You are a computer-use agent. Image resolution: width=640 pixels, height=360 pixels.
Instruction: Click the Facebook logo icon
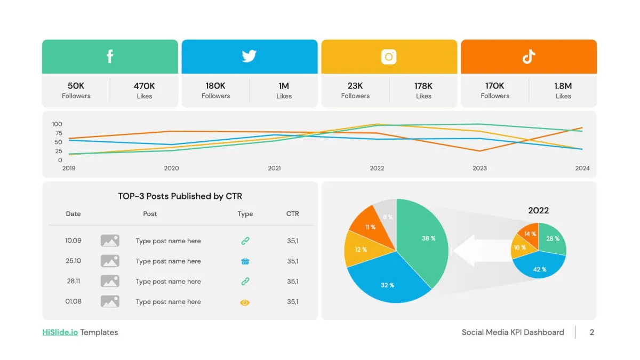click(110, 56)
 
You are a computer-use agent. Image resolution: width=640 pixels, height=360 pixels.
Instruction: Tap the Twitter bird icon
click(249, 56)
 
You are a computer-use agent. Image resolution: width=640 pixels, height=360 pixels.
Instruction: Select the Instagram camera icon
click(389, 57)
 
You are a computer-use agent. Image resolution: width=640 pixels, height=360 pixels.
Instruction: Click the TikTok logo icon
click(529, 57)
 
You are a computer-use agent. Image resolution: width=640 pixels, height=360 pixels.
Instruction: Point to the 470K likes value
click(144, 86)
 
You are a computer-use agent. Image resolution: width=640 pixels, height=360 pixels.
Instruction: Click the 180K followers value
click(215, 86)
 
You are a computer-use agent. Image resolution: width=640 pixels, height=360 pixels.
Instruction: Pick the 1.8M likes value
click(563, 86)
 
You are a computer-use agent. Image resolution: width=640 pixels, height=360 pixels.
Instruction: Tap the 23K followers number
click(355, 86)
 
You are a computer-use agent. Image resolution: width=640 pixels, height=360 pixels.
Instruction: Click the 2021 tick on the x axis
click(274, 168)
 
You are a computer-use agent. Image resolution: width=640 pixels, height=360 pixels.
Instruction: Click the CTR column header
click(292, 214)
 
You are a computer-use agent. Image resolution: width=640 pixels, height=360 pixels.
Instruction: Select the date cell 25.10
click(74, 261)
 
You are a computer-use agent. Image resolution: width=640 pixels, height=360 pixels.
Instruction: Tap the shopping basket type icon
click(245, 261)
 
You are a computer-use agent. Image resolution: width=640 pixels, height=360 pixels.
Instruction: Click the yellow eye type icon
click(245, 302)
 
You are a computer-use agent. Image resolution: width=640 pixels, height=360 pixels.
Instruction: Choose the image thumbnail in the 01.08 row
click(110, 302)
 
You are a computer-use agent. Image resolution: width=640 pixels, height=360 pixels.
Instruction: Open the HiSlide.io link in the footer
click(60, 332)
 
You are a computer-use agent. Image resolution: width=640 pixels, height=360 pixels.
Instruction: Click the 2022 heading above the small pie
click(538, 211)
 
